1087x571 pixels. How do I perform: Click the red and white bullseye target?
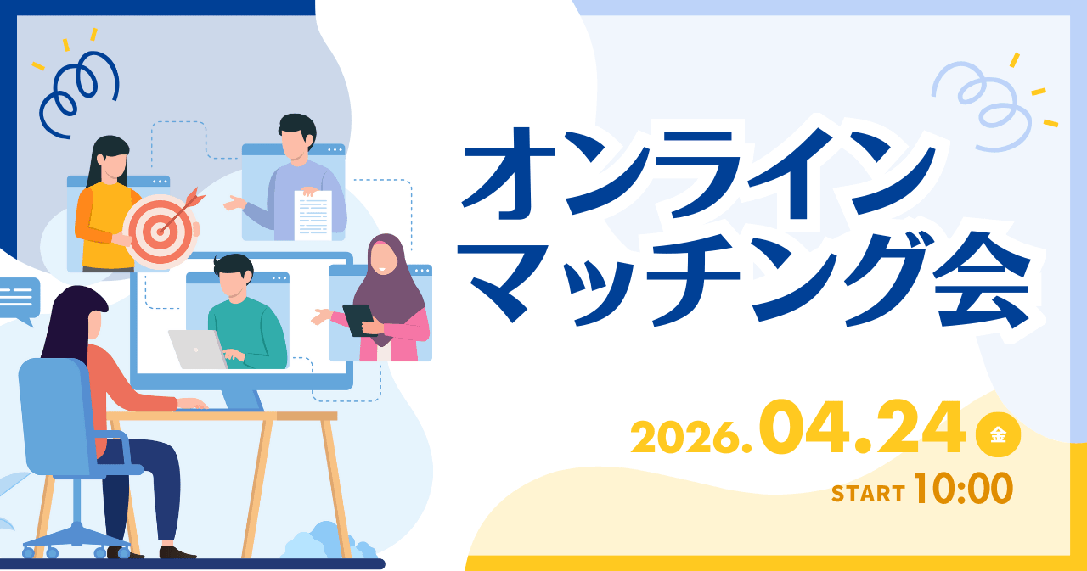click(161, 231)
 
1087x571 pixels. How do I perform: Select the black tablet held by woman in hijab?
click(358, 319)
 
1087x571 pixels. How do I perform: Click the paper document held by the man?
click(312, 215)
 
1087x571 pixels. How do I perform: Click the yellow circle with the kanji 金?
click(998, 436)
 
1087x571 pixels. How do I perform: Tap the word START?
click(867, 494)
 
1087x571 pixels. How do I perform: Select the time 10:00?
click(963, 489)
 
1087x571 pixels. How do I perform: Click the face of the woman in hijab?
click(383, 258)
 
